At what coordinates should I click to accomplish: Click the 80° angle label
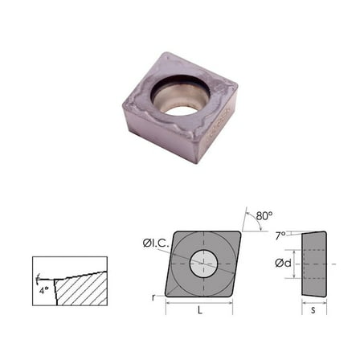[x=264, y=215]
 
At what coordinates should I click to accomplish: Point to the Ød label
[x=281, y=262]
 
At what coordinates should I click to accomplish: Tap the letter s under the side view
[x=313, y=311]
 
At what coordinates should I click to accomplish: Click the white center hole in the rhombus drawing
[x=203, y=262]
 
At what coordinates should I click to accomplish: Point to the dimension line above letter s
[x=313, y=303]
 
